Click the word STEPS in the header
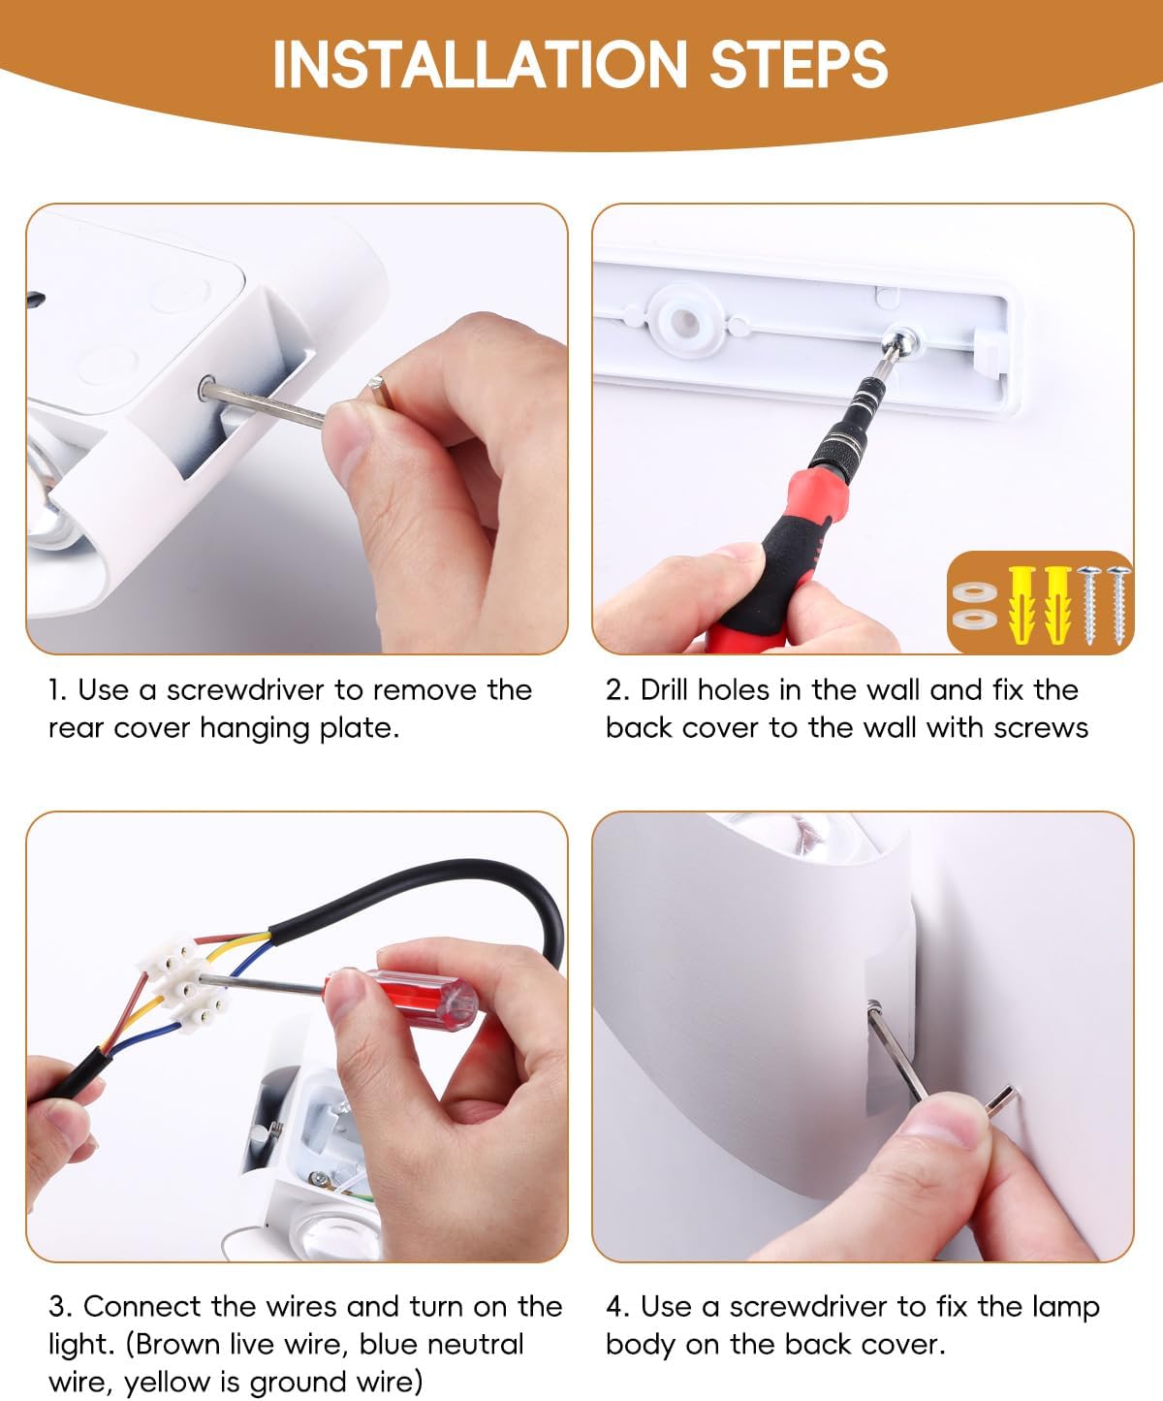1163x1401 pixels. click(x=799, y=64)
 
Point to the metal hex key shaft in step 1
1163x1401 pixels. click(x=265, y=405)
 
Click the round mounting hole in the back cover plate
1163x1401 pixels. click(x=682, y=320)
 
